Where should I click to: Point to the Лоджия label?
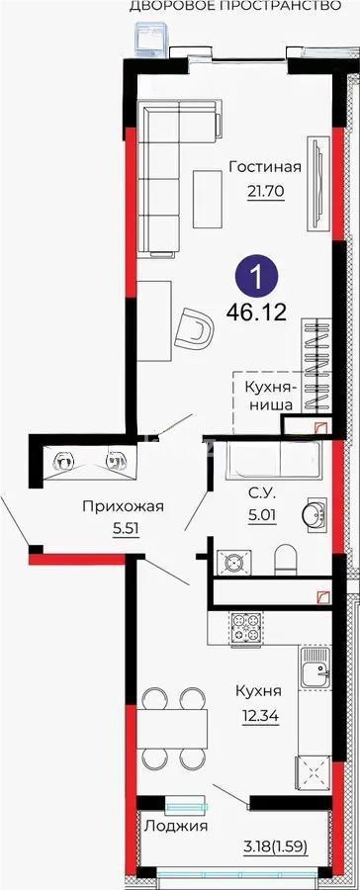point(175,826)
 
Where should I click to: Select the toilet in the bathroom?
point(286,559)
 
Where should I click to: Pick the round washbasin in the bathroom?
point(316,511)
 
